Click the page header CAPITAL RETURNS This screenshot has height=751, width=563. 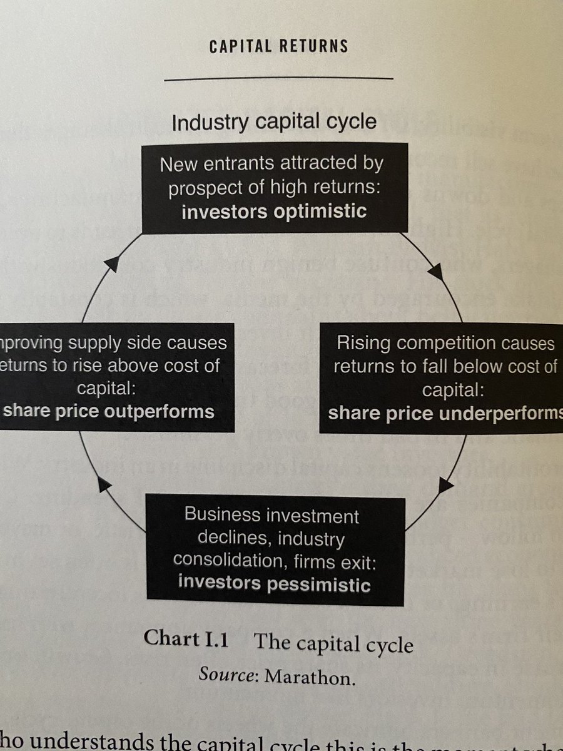coord(279,46)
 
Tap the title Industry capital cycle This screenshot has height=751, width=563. coord(274,121)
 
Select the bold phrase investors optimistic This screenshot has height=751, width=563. coord(274,211)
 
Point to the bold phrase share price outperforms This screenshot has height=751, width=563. coord(109,411)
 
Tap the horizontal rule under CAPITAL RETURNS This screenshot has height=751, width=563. coord(278,79)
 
